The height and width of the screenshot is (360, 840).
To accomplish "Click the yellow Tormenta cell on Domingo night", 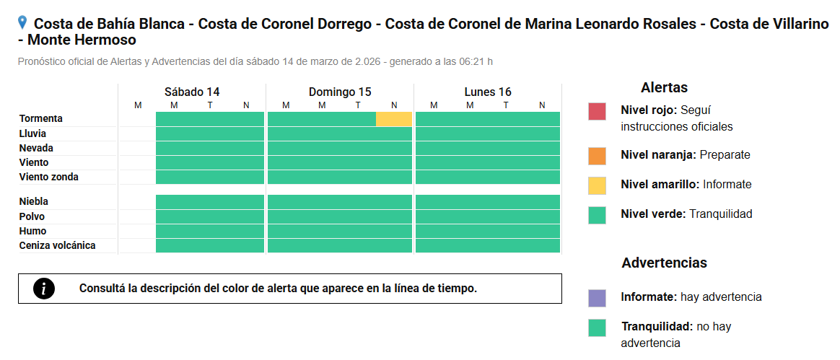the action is pyautogui.click(x=394, y=119).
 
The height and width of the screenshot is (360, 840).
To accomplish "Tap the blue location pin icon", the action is pyautogui.click(x=22, y=22).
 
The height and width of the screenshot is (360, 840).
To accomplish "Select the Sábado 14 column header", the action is pyautogui.click(x=192, y=92).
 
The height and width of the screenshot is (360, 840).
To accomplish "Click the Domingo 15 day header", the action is pyautogui.click(x=340, y=92).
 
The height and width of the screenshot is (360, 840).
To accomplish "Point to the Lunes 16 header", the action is pyautogui.click(x=488, y=92).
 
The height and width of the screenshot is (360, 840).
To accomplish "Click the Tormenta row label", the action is pyautogui.click(x=40, y=118).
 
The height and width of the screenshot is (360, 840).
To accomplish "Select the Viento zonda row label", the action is pyautogui.click(x=49, y=177).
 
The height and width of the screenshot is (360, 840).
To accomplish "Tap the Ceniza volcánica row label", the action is pyautogui.click(x=57, y=245).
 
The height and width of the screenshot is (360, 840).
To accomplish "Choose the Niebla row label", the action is pyautogui.click(x=34, y=201).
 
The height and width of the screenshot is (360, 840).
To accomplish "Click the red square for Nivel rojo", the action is pyautogui.click(x=597, y=111).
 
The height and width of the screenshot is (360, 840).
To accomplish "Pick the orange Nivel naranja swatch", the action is pyautogui.click(x=597, y=156).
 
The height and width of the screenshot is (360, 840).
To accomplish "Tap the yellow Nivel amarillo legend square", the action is pyautogui.click(x=597, y=185).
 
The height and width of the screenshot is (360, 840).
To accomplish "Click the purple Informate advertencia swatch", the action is pyautogui.click(x=597, y=298).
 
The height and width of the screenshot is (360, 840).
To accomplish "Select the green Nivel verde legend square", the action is pyautogui.click(x=597, y=215).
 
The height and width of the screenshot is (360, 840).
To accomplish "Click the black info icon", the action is pyautogui.click(x=44, y=289).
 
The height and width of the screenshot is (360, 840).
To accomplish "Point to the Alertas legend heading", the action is pyautogui.click(x=664, y=87).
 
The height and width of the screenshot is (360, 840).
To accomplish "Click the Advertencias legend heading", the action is pyautogui.click(x=665, y=263).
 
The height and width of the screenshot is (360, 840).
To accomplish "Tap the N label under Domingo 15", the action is pyautogui.click(x=394, y=105).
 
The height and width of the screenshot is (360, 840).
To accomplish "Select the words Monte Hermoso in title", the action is pyautogui.click(x=82, y=40).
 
